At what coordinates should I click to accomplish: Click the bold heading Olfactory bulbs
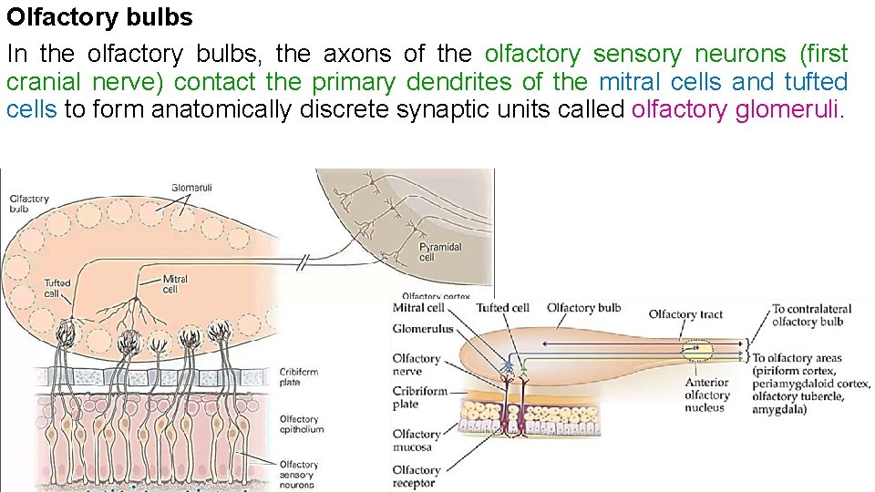100,18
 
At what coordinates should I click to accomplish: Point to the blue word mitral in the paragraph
629,82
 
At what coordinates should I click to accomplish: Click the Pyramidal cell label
440,252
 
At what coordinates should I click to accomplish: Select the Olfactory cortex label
436,295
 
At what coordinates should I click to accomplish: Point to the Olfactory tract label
685,314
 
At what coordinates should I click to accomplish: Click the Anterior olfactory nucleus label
707,395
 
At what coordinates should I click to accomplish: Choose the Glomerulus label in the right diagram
422,330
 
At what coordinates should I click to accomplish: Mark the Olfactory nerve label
416,364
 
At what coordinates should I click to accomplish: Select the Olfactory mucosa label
416,440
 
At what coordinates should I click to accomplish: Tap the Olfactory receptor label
416,476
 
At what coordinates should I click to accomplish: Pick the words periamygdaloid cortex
811,384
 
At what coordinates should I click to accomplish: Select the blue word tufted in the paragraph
816,82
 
